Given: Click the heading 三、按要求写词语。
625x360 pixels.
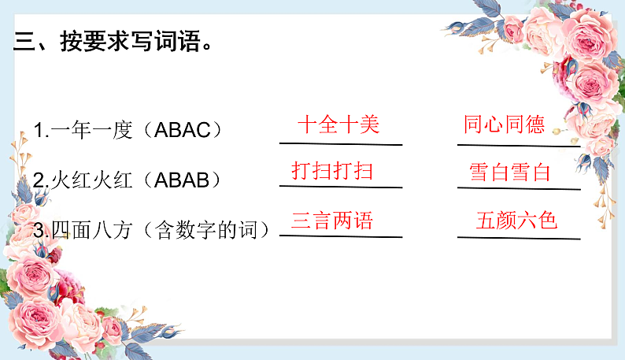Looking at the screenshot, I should click(x=113, y=42).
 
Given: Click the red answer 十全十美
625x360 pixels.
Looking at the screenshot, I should click(x=338, y=124).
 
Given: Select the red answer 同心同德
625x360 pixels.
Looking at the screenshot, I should click(x=504, y=124).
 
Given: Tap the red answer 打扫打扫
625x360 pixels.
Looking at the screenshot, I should click(x=332, y=170).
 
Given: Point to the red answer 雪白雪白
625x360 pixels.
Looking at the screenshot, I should click(x=509, y=173).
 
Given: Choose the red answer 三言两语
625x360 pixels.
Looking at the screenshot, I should click(x=332, y=220).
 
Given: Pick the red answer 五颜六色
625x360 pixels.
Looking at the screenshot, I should click(x=516, y=220).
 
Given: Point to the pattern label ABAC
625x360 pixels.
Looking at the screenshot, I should click(x=183, y=131).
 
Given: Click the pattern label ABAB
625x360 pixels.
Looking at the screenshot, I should click(x=183, y=180).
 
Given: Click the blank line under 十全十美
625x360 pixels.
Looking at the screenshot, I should click(x=340, y=144).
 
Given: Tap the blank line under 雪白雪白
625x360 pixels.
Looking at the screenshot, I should click(x=518, y=189).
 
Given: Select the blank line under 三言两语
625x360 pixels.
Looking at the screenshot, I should click(x=340, y=236).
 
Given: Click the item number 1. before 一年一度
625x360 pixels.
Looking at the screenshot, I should click(x=41, y=131).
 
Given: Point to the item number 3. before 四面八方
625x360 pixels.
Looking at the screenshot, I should click(x=41, y=230).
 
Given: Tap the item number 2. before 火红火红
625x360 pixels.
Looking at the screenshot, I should click(x=41, y=180).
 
